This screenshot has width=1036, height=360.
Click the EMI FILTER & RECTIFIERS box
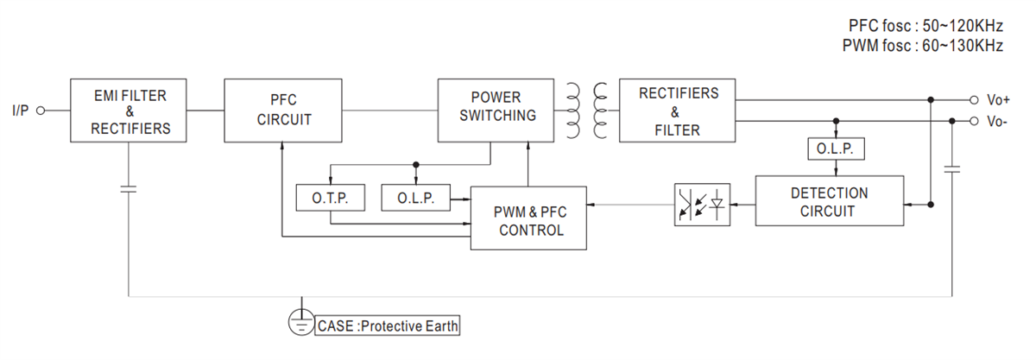tap(129, 111)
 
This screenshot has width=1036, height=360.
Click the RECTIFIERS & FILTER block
tap(678, 111)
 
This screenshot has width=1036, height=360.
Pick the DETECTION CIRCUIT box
tap(829, 201)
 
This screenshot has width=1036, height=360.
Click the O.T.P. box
tap(331, 198)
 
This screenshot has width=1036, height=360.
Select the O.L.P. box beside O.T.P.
tap(417, 198)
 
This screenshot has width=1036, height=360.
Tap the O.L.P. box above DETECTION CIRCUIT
tap(835, 148)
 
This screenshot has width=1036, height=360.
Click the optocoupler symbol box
tap(702, 205)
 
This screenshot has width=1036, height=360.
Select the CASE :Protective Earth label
tap(388, 326)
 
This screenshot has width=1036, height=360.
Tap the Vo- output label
tap(996, 122)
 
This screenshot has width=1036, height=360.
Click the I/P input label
tap(21, 111)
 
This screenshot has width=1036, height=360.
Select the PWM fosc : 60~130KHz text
tap(922, 46)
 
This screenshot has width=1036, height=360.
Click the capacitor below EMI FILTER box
tap(129, 187)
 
